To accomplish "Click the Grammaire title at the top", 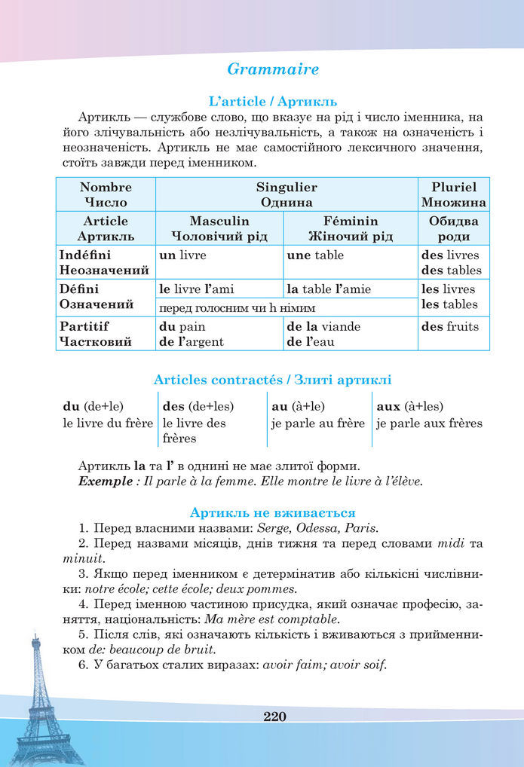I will (x=273, y=69).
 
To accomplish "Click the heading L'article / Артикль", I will (x=273, y=101).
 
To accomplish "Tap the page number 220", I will (x=275, y=716).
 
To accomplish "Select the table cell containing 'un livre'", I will (x=219, y=262).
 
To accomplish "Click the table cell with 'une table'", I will (x=350, y=262).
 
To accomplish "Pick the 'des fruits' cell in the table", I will (x=453, y=334).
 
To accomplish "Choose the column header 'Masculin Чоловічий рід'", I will (x=219, y=228).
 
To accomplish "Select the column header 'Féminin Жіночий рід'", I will (x=350, y=228).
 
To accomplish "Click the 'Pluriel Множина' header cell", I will (x=453, y=194).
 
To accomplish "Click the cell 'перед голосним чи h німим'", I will (x=237, y=308).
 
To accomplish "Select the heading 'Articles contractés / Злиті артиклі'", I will (x=272, y=380).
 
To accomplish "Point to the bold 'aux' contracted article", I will (x=388, y=406).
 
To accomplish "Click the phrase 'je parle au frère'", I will (x=318, y=423).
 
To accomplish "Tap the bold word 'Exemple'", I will (x=105, y=481).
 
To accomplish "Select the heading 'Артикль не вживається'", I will (x=273, y=512).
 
